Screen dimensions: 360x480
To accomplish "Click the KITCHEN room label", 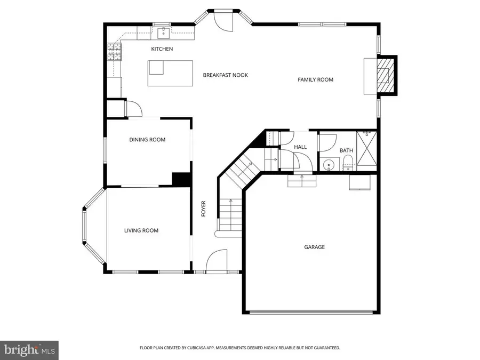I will click(x=162, y=49).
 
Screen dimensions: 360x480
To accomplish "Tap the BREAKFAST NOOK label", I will click(x=225, y=75).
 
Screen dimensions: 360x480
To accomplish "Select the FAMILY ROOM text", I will click(x=315, y=79).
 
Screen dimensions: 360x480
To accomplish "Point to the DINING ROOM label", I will click(x=147, y=140).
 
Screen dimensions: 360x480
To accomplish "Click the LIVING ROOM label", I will click(x=141, y=230).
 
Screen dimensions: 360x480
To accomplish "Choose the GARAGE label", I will click(x=314, y=247).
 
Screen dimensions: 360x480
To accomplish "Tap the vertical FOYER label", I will click(x=203, y=209).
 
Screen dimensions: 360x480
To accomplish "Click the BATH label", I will click(x=346, y=150).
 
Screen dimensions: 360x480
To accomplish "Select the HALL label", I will click(x=300, y=147).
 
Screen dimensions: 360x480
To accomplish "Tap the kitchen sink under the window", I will click(x=163, y=33).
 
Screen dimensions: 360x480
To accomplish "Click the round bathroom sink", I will click(x=330, y=165).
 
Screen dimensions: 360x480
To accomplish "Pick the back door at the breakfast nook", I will click(x=223, y=21).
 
